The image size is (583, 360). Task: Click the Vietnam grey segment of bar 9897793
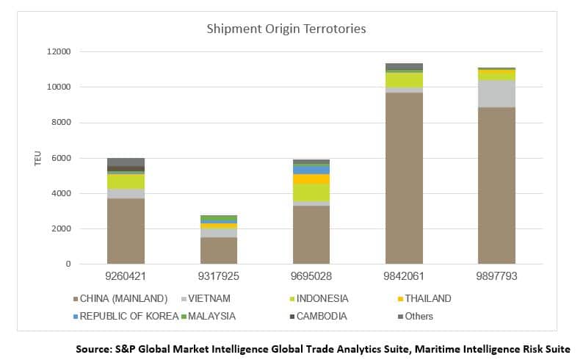point(496,93)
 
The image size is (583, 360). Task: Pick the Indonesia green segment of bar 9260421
point(126,181)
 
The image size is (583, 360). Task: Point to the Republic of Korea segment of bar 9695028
point(311,170)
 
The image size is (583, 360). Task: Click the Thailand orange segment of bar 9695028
point(311,179)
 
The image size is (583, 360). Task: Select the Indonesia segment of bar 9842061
point(404,80)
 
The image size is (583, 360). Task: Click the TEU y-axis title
point(37,159)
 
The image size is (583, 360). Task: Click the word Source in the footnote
point(94,349)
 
